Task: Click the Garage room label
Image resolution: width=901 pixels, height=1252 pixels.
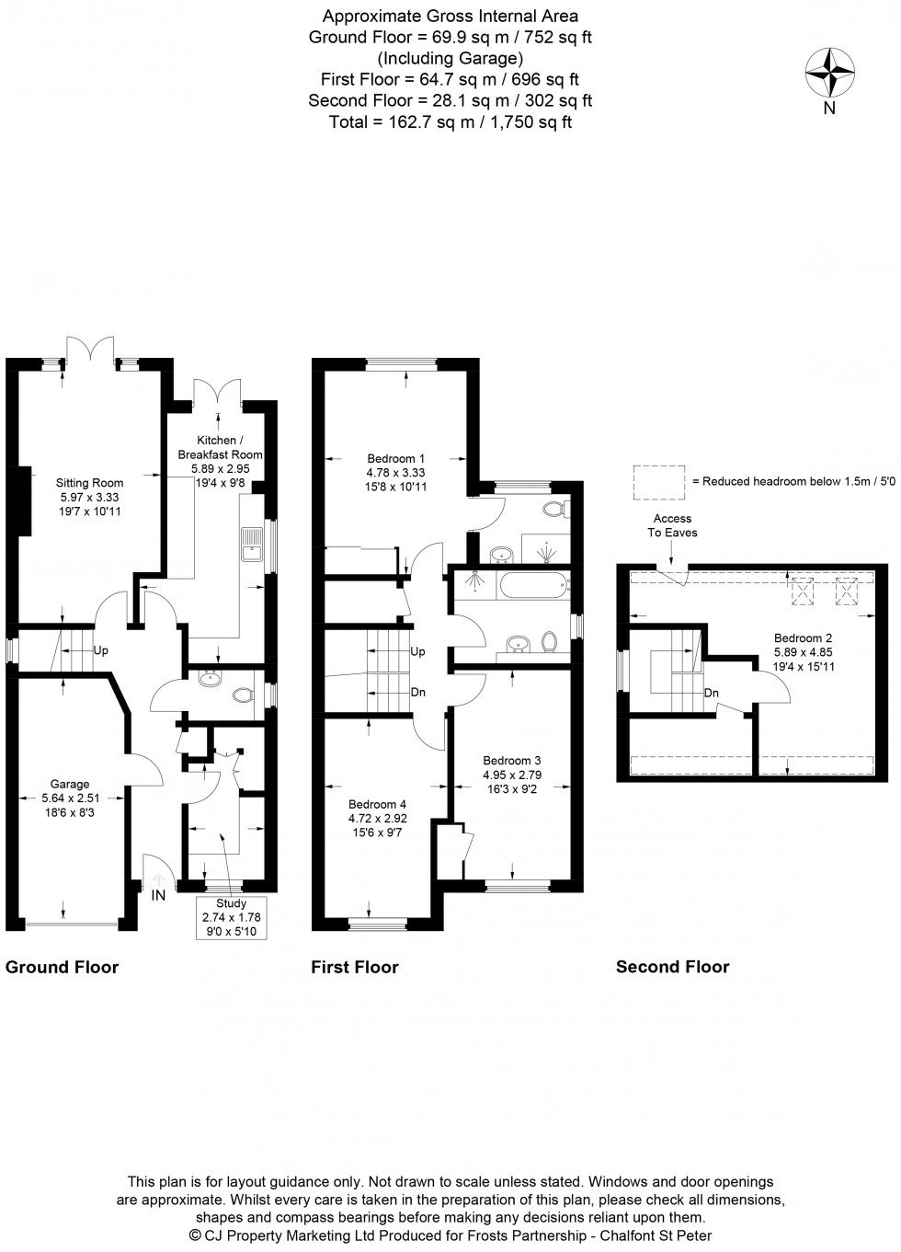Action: coord(70,792)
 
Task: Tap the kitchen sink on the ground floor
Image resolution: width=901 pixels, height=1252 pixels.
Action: coord(250,546)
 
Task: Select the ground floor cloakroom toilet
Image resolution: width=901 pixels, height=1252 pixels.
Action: coord(243,695)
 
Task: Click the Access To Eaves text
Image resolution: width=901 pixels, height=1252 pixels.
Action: coord(673,525)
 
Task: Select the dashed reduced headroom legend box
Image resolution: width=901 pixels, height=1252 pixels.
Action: coord(659,480)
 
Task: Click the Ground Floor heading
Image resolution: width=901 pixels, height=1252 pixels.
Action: coord(63,967)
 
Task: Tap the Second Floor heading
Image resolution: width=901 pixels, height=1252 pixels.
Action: coord(672,967)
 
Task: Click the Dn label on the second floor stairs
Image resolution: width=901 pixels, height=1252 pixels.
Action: coord(711,693)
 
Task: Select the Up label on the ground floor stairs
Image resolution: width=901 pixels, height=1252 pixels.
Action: coord(100,650)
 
